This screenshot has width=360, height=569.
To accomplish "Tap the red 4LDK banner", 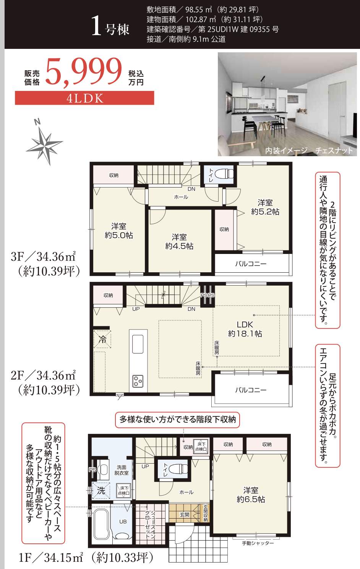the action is (84, 98).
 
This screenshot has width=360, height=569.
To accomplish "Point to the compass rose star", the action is (45, 145).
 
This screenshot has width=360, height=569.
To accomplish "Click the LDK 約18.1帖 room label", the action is (245, 329).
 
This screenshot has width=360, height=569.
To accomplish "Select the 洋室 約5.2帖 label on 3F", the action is (265, 207).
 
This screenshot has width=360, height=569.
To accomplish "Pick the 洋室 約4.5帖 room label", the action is (179, 242).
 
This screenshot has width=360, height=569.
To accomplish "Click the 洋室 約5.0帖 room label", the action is (119, 231).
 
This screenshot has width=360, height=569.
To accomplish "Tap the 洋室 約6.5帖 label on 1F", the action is (251, 495).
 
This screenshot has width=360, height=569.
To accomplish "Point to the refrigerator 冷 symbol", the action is (102, 339).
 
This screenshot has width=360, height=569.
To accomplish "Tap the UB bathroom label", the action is (123, 522).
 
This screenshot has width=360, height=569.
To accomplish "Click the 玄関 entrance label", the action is (184, 514).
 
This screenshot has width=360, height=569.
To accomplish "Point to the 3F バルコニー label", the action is (251, 263).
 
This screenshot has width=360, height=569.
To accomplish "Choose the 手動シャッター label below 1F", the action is (258, 543).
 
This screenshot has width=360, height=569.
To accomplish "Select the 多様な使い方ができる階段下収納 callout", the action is (177, 419).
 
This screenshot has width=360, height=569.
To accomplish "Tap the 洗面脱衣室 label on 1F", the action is (122, 470).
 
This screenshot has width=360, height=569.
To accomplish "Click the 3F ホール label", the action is (181, 197).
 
